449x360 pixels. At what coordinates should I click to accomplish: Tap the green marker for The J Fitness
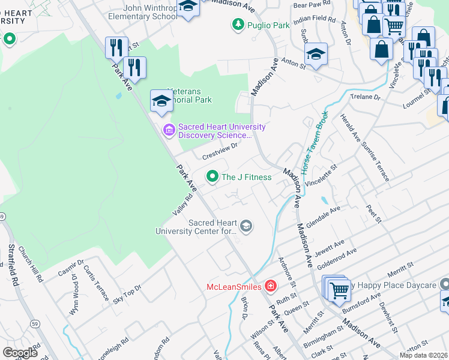click(x=212, y=176)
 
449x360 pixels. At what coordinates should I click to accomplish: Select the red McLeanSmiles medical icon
click(x=271, y=286)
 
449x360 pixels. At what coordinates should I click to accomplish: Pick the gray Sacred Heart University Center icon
click(x=245, y=226)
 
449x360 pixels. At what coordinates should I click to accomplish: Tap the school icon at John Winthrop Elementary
click(x=188, y=7)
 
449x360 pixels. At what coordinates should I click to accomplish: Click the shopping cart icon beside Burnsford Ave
click(x=339, y=290)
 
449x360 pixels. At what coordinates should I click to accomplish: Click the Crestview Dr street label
click(x=220, y=149)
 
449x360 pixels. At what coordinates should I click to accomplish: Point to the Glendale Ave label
click(x=323, y=215)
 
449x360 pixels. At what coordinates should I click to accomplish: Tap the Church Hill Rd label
click(x=30, y=264)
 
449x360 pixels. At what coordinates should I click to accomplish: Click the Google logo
click(x=20, y=352)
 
